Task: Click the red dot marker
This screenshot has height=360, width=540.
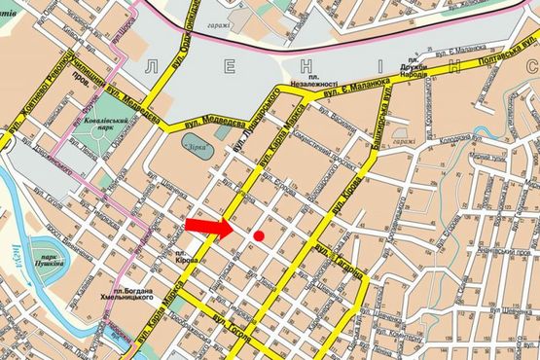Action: tap(259, 235)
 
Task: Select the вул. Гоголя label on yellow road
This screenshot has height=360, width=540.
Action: tap(234, 334)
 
